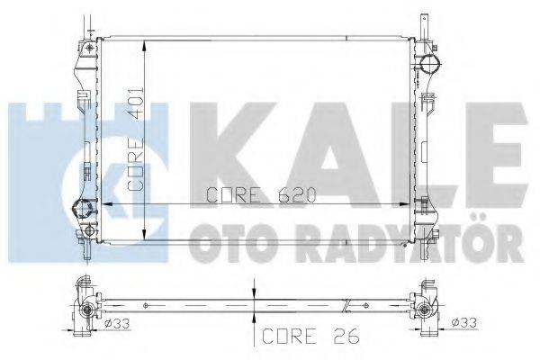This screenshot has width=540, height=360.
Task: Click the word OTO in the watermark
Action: (229, 241)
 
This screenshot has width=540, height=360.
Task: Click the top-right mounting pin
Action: (420, 21)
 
